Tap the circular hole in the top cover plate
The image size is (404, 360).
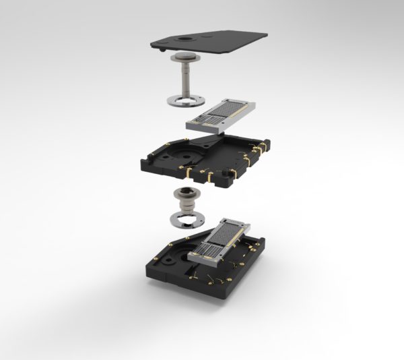point(184,41)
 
